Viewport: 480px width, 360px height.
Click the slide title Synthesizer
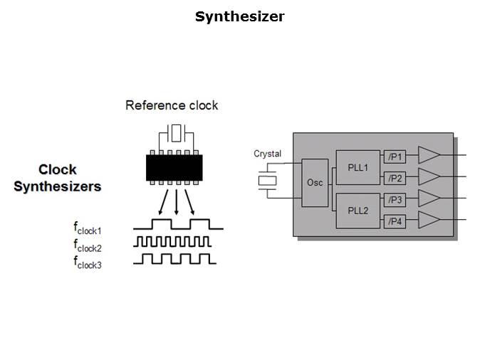tap(239, 16)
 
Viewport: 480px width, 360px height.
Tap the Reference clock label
tap(172, 105)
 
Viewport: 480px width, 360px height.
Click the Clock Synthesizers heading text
tap(58, 179)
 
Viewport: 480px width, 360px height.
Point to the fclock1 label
tap(88, 228)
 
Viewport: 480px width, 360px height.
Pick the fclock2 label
tap(88, 245)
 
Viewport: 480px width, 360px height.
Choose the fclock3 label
tap(88, 261)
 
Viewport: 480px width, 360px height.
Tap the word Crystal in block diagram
tap(267, 154)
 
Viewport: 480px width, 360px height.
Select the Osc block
tap(315, 183)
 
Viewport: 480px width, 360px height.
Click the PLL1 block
tap(358, 168)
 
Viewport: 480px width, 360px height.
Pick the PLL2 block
tap(358, 211)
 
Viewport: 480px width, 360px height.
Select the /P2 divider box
tap(395, 178)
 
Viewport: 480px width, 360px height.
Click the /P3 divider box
tap(395, 200)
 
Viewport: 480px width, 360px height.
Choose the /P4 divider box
tap(395, 221)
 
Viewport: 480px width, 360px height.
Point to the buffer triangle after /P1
tap(428, 155)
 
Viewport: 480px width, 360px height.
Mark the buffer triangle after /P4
tap(428, 220)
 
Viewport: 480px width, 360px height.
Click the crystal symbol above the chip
tap(176, 133)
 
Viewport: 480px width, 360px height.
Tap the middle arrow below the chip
tap(176, 201)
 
